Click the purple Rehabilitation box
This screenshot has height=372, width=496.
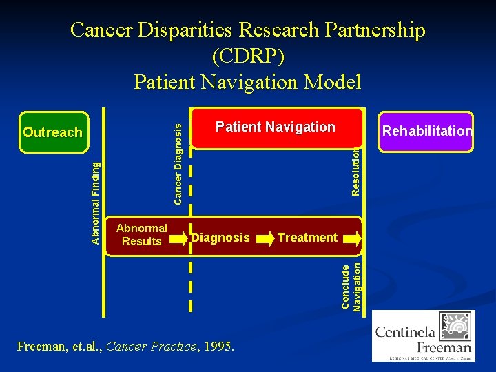tap(427, 131)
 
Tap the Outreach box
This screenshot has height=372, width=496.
tap(53, 132)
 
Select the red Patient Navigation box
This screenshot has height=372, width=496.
tap(276, 128)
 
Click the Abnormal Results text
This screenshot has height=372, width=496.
tap(141, 235)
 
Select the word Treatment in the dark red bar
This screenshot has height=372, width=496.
tap(307, 238)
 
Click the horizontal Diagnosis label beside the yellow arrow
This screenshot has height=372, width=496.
tap(221, 238)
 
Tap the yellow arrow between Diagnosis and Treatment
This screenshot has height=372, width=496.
tap(265, 238)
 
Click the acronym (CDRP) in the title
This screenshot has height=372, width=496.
tap(247, 56)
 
